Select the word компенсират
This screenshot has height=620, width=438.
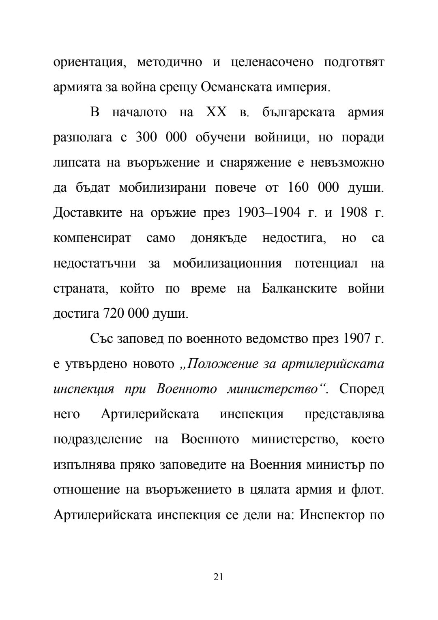coord(92,238)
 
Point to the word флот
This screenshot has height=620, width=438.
coord(367,490)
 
